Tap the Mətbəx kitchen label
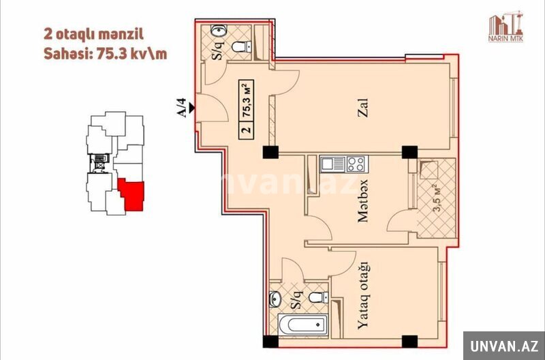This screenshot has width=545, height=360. click(x=363, y=201)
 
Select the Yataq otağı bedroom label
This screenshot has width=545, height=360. click(x=363, y=295)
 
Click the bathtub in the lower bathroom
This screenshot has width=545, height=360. click(x=302, y=325)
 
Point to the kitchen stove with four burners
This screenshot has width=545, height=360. click(x=356, y=164)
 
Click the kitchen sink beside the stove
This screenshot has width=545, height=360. click(x=332, y=164)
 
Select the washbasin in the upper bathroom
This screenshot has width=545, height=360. click(x=219, y=31)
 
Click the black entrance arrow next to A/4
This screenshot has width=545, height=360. click(x=191, y=108)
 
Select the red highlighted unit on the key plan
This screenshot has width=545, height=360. click(x=131, y=194)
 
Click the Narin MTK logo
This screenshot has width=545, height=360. click(x=505, y=27)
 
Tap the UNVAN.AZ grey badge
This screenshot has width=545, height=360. click(x=504, y=346)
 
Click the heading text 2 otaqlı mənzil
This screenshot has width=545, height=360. click(x=93, y=35)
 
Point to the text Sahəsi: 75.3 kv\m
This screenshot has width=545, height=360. click(x=105, y=54)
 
